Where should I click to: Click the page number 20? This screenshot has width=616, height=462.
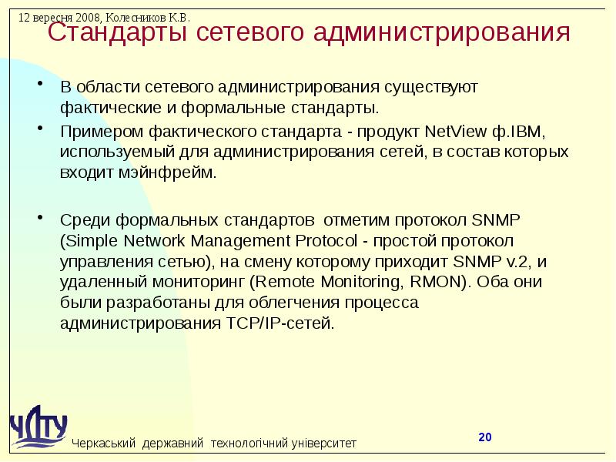click(484, 437)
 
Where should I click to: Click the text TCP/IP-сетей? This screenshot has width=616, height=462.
click(285, 323)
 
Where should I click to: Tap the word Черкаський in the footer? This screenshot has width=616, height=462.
click(104, 444)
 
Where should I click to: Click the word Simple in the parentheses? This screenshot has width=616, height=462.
click(91, 239)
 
